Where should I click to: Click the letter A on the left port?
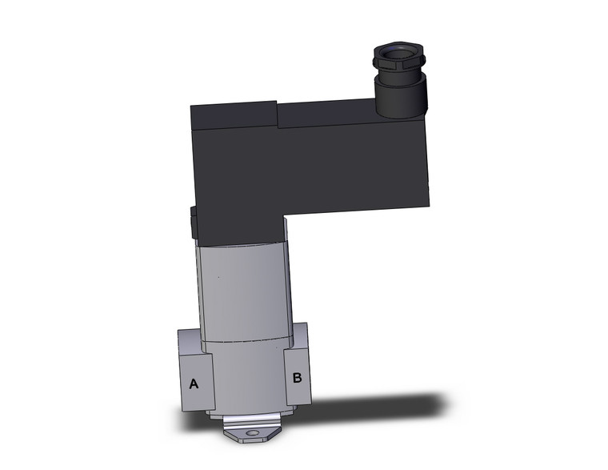(193, 384)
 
